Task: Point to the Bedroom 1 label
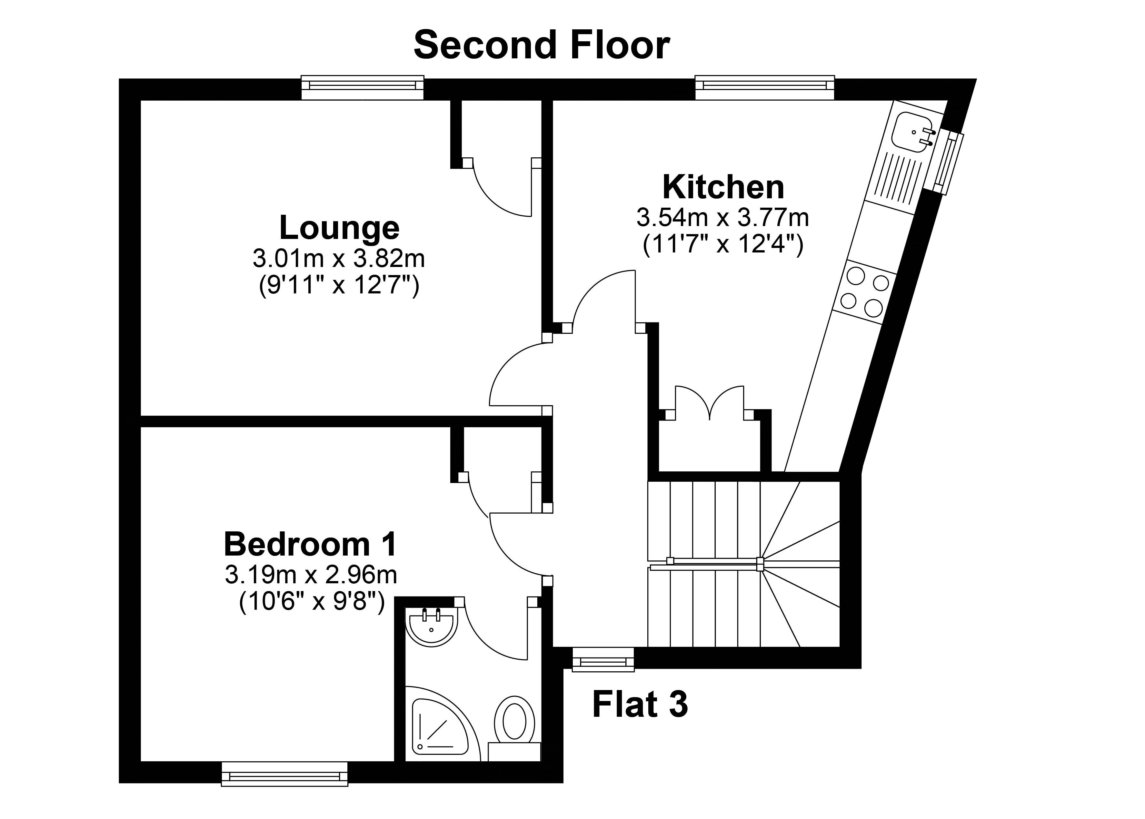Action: click(x=311, y=545)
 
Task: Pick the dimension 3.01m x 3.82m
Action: click(x=339, y=259)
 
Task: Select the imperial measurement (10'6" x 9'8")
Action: click(x=312, y=602)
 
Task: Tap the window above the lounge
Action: click(x=362, y=88)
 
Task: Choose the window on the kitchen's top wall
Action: click(x=765, y=88)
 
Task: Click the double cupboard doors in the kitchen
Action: click(x=710, y=402)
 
